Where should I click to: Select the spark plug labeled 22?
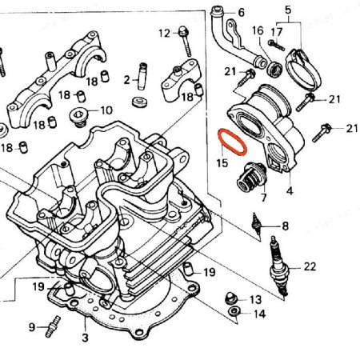pos(278,266)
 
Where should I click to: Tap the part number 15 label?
pos(222,162)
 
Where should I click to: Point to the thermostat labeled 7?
pos(251,177)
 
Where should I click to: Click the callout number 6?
pos(241,13)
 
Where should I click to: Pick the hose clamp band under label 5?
pos(303,70)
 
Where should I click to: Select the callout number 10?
pos(106,110)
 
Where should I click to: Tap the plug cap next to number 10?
pos(78,117)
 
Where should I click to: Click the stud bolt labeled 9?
pos(53,326)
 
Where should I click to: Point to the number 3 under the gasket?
pos(85,338)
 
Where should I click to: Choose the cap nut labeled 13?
pos(231,298)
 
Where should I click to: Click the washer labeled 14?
pos(234,311)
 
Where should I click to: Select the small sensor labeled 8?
pos(256,224)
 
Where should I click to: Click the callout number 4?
pos(290,191)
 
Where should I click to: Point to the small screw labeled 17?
pos(277,45)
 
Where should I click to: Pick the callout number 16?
pos(258,30)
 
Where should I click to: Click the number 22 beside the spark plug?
pos(310,266)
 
